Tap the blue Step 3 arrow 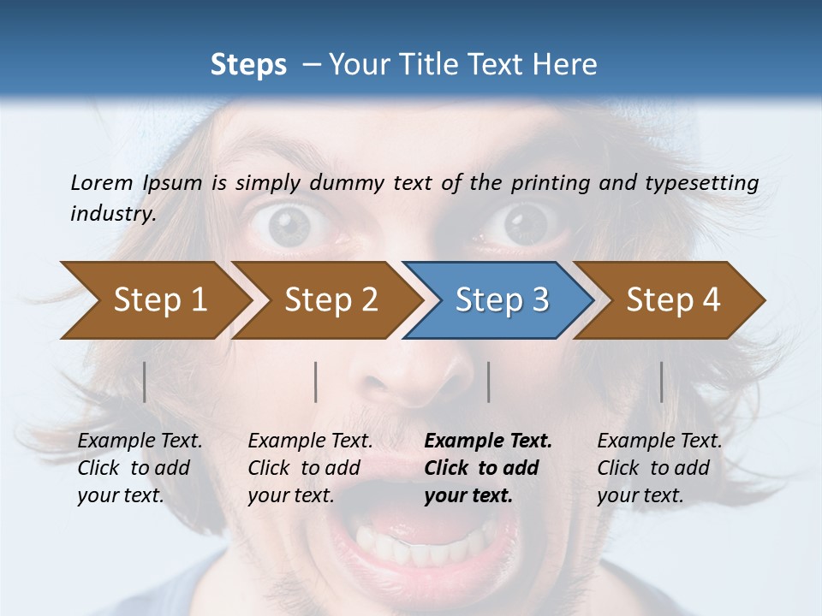click(502, 299)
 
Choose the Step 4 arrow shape click(673, 299)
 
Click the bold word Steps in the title click(248, 65)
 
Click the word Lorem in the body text click(101, 182)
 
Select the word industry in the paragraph click(112, 214)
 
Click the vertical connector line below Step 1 click(145, 382)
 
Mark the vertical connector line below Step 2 click(316, 382)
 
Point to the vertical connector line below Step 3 click(488, 382)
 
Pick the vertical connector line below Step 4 click(662, 382)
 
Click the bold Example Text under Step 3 click(488, 441)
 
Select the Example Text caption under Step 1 click(140, 441)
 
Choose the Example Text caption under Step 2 click(310, 441)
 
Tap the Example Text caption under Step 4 click(659, 441)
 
